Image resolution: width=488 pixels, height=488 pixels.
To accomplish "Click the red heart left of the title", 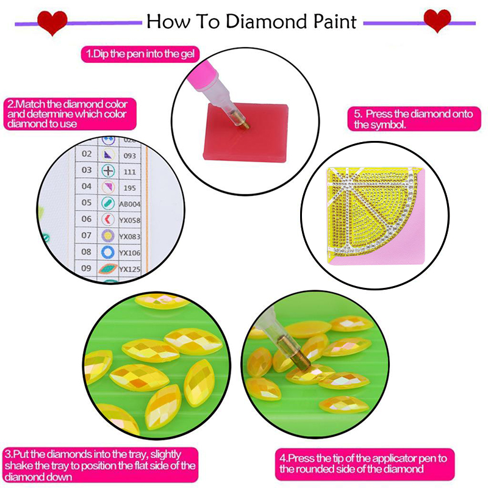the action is click(x=52, y=23).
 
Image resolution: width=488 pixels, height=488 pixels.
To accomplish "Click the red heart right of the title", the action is click(x=437, y=20).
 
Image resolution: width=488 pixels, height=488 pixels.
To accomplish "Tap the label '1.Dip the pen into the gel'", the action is click(x=140, y=54).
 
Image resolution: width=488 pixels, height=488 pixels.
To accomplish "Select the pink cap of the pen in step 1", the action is click(x=202, y=74).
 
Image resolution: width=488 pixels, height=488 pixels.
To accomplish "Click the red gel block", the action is click(x=245, y=132).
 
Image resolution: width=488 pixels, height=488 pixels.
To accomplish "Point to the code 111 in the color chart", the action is click(x=129, y=172).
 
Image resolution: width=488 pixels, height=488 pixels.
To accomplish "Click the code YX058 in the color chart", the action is click(x=130, y=220).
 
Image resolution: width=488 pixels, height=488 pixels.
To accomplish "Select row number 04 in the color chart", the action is click(x=87, y=187).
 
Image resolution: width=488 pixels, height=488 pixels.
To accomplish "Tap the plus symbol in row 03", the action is click(x=108, y=171).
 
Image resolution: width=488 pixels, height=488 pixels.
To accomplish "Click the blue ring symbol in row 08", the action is click(x=108, y=252).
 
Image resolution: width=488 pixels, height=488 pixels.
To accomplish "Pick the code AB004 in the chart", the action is click(x=130, y=204).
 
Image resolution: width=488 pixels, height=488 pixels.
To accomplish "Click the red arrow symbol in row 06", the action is click(x=108, y=220).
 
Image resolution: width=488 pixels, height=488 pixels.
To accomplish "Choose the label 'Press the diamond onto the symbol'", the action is click(x=414, y=119).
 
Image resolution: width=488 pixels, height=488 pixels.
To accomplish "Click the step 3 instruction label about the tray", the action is click(x=101, y=465).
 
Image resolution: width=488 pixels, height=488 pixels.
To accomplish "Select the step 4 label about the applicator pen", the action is click(x=364, y=464).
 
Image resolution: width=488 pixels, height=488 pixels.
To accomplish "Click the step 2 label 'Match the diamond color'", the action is click(x=70, y=114).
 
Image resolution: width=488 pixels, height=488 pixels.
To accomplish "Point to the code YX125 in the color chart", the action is click(x=130, y=269).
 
